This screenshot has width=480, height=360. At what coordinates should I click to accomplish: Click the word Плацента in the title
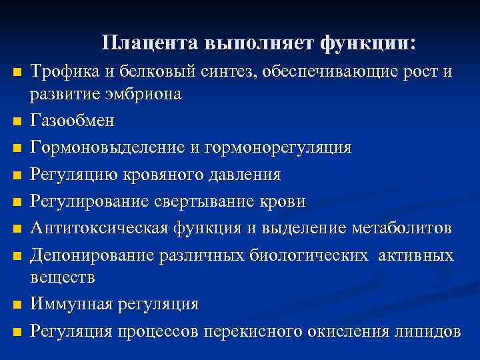(x=151, y=43)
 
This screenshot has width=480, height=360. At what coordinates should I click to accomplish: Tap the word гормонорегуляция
(x=280, y=147)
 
